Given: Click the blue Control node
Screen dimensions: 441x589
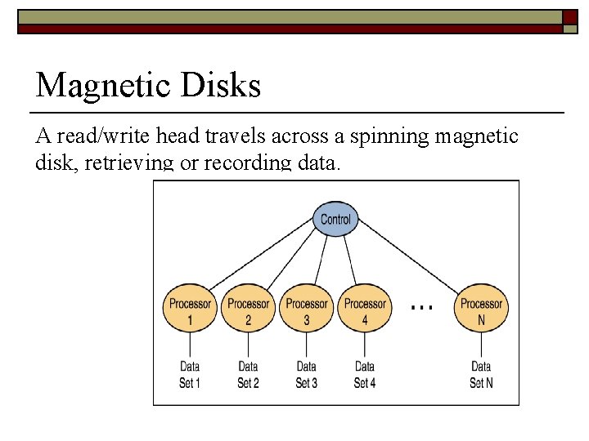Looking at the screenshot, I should click(x=335, y=219).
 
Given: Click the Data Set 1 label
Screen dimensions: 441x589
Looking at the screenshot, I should click(x=190, y=374).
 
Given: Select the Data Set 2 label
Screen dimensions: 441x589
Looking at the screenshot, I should click(x=248, y=374).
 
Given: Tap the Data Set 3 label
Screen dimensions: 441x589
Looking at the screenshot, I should click(x=307, y=374).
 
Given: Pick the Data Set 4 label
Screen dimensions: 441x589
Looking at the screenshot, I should click(x=365, y=374).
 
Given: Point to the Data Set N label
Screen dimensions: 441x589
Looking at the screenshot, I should click(x=481, y=374).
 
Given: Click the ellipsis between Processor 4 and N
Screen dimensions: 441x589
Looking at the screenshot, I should click(x=421, y=306).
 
